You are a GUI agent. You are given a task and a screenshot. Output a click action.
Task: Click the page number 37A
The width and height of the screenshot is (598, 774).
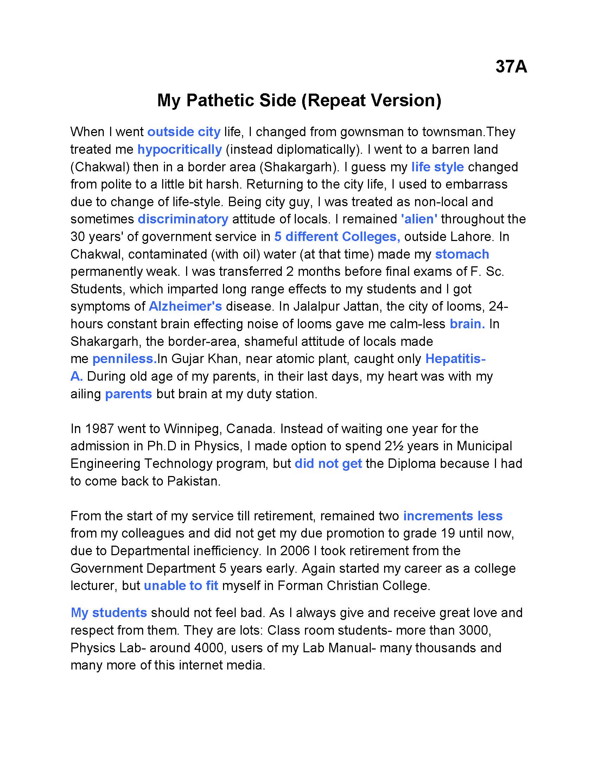(511, 66)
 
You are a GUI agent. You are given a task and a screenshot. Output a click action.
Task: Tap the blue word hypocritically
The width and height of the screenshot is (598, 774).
(180, 150)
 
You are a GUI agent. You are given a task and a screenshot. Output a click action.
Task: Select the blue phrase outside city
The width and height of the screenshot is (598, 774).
(184, 132)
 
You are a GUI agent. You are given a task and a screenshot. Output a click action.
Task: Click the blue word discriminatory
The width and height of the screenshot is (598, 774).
(183, 219)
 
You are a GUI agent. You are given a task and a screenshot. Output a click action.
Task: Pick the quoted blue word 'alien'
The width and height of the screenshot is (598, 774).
(419, 219)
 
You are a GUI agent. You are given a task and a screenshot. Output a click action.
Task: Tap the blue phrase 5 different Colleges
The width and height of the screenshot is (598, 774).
(337, 236)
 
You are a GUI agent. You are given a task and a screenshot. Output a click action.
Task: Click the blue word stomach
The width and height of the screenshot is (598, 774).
(462, 254)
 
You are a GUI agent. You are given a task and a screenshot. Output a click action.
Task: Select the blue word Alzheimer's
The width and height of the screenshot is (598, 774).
(185, 306)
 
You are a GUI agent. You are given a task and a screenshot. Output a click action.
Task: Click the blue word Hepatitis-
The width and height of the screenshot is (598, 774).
(455, 359)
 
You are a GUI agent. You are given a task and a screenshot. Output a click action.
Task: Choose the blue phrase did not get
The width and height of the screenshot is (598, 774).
(328, 464)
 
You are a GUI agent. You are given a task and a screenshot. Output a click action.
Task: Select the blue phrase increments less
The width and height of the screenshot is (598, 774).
(453, 516)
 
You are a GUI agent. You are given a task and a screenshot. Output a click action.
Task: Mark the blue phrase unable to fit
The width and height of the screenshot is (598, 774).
(181, 585)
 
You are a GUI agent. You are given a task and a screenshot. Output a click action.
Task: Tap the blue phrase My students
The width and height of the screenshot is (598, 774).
(109, 613)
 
